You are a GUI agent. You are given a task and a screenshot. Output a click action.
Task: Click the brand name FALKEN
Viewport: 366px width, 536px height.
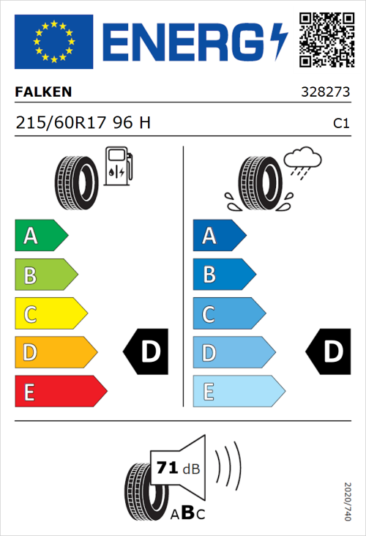43,93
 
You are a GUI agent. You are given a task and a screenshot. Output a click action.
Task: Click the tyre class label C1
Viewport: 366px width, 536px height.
340,124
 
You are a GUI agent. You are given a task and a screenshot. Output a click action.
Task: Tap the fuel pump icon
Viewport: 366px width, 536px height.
116,166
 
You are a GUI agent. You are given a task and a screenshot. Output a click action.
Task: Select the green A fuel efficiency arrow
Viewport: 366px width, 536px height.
40,236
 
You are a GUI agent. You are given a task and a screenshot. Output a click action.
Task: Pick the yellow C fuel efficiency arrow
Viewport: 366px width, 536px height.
51,314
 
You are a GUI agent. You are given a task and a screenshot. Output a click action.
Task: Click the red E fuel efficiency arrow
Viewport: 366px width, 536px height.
60,392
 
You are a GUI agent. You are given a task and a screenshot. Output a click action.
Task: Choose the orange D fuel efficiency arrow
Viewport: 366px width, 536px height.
56,353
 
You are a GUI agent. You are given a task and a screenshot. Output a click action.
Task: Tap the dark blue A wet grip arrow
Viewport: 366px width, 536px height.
218,236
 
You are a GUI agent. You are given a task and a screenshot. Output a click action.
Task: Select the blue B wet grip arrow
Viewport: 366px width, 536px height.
223,275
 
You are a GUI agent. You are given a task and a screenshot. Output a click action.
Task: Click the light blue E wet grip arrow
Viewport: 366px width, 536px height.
238,392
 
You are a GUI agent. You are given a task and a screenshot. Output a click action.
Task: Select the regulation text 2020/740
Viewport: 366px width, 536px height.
347,502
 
